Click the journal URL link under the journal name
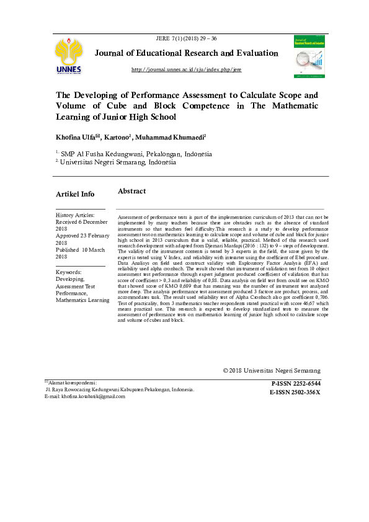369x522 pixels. tap(187, 69)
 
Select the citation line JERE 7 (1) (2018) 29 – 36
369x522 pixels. tap(187, 38)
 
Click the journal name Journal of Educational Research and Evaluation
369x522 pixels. tap(186, 54)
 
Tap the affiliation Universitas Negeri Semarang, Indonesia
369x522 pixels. tap(118, 162)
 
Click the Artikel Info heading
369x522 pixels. tap(75, 194)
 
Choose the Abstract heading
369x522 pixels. tap(131, 192)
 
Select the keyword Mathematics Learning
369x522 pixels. tap(82, 301)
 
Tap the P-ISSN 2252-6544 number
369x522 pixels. tap(296, 384)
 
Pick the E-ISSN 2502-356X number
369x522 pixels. tap(295, 392)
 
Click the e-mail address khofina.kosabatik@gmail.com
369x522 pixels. tap(89, 396)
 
